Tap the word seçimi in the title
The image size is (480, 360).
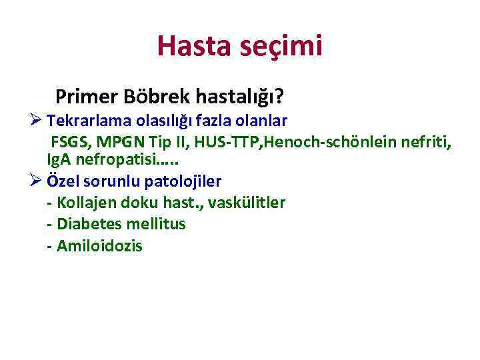(282, 47)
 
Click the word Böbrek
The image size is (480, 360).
(158, 98)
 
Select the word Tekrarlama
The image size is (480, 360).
(88, 121)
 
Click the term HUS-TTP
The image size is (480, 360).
(213, 142)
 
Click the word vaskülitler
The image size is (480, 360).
(247, 203)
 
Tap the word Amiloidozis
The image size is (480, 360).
(99, 246)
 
